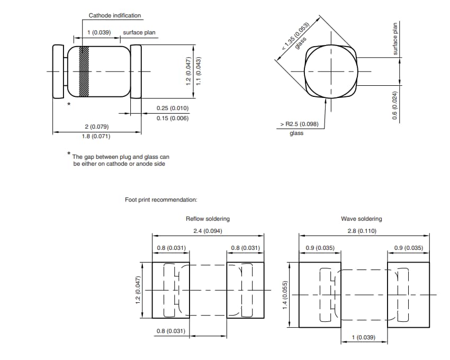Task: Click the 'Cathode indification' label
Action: point(115,16)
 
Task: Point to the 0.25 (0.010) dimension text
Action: point(173,108)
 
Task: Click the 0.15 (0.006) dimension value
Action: point(173,118)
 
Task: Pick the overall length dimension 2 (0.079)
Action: point(96,127)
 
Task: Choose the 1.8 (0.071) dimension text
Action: point(96,137)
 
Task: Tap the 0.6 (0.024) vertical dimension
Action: point(394,104)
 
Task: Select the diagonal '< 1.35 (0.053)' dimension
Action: point(299,35)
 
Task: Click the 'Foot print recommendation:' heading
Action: point(161,200)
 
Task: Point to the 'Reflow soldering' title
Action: point(208,219)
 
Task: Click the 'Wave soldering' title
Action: point(361,219)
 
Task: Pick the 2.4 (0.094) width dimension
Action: point(208,231)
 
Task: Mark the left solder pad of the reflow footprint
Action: point(171,290)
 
